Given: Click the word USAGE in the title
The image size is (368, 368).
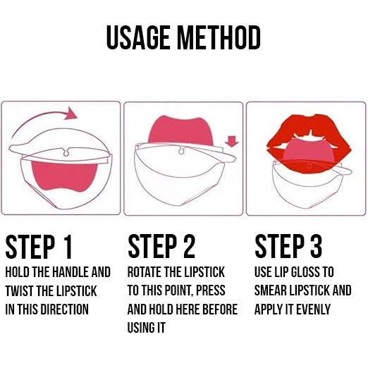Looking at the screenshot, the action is click(138, 37).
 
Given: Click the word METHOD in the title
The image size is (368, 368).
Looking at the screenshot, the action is click(219, 37).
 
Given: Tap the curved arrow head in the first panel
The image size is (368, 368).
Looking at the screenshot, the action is click(70, 114).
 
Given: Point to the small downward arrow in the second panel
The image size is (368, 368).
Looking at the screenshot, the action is click(232, 141).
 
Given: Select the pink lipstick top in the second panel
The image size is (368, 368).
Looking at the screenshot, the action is click(180, 130).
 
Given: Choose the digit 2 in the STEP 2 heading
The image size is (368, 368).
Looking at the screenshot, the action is click(189, 247).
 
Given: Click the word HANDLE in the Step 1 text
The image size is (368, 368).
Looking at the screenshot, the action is click(70, 272).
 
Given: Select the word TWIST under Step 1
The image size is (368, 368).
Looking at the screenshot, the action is click(20, 291).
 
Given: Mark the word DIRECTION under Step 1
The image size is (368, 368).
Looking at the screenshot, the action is click(65, 309).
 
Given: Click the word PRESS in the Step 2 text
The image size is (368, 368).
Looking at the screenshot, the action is click(211, 290).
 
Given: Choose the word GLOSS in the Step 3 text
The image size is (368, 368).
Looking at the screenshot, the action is click(305, 272).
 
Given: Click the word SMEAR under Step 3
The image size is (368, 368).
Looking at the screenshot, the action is click(271, 290).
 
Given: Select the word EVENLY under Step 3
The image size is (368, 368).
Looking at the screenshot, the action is click(313, 309).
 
